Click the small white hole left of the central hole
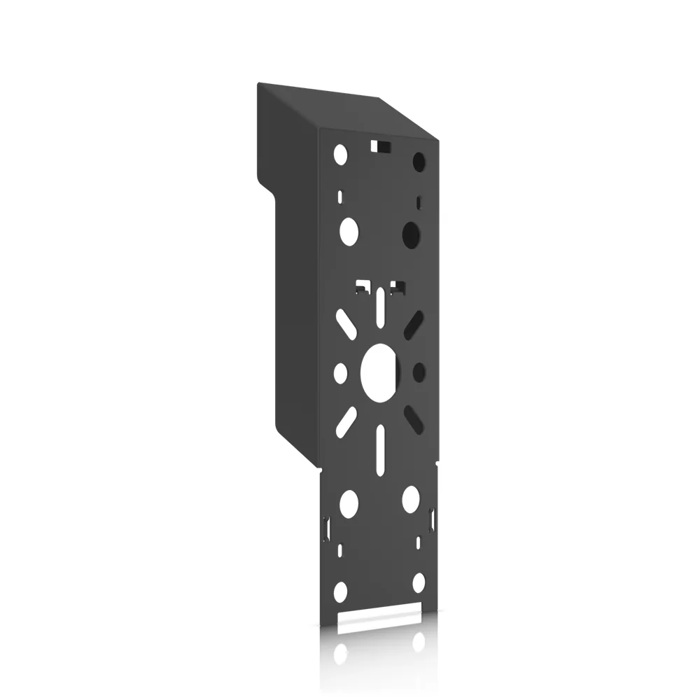pos(341,372)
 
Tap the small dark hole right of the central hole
pos(419,371)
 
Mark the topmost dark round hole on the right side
pos(419,160)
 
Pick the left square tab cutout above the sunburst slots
pos(363,286)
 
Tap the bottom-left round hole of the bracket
pos(340,591)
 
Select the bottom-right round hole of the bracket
pos(419,582)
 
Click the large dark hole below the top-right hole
pos(412,232)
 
